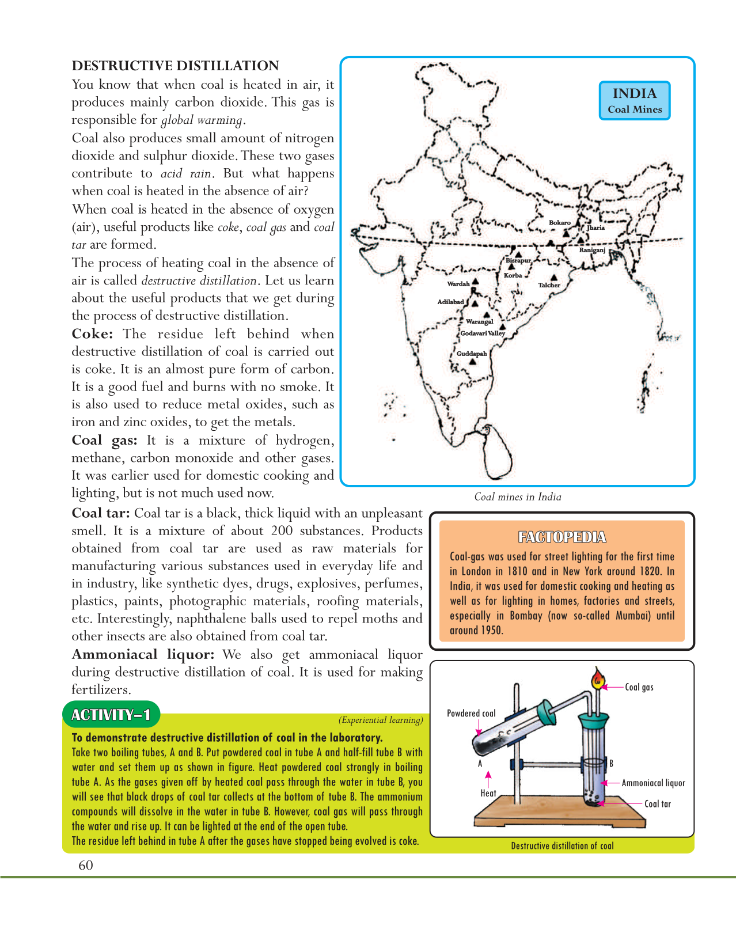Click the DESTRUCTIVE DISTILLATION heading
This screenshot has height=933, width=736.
click(x=175, y=66)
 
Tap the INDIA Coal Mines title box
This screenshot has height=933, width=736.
click(x=635, y=100)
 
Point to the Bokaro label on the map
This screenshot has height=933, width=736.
click(x=559, y=223)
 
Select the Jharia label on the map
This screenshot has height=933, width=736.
click(x=595, y=227)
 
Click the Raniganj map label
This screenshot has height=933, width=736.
click(x=592, y=250)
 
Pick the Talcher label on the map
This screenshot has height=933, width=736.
click(x=549, y=285)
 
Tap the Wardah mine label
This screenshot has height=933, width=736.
click(x=458, y=284)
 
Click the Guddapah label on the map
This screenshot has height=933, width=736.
click(x=472, y=354)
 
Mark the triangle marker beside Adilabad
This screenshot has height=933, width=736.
click(x=475, y=303)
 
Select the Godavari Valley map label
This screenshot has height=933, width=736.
click(x=483, y=333)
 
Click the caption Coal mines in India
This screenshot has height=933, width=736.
click(x=517, y=497)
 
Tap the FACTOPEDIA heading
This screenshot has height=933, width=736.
click(x=562, y=537)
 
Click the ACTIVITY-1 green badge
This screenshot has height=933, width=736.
click(x=111, y=715)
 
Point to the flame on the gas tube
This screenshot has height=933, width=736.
click(x=598, y=680)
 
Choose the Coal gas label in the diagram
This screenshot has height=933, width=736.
click(x=639, y=687)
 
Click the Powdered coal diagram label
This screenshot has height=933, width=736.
click(x=471, y=714)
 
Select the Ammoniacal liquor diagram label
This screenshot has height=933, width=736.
click(x=653, y=783)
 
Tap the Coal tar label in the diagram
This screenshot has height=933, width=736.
click(x=657, y=804)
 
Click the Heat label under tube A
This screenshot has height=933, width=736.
click(x=488, y=793)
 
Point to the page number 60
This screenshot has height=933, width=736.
click(x=85, y=865)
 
